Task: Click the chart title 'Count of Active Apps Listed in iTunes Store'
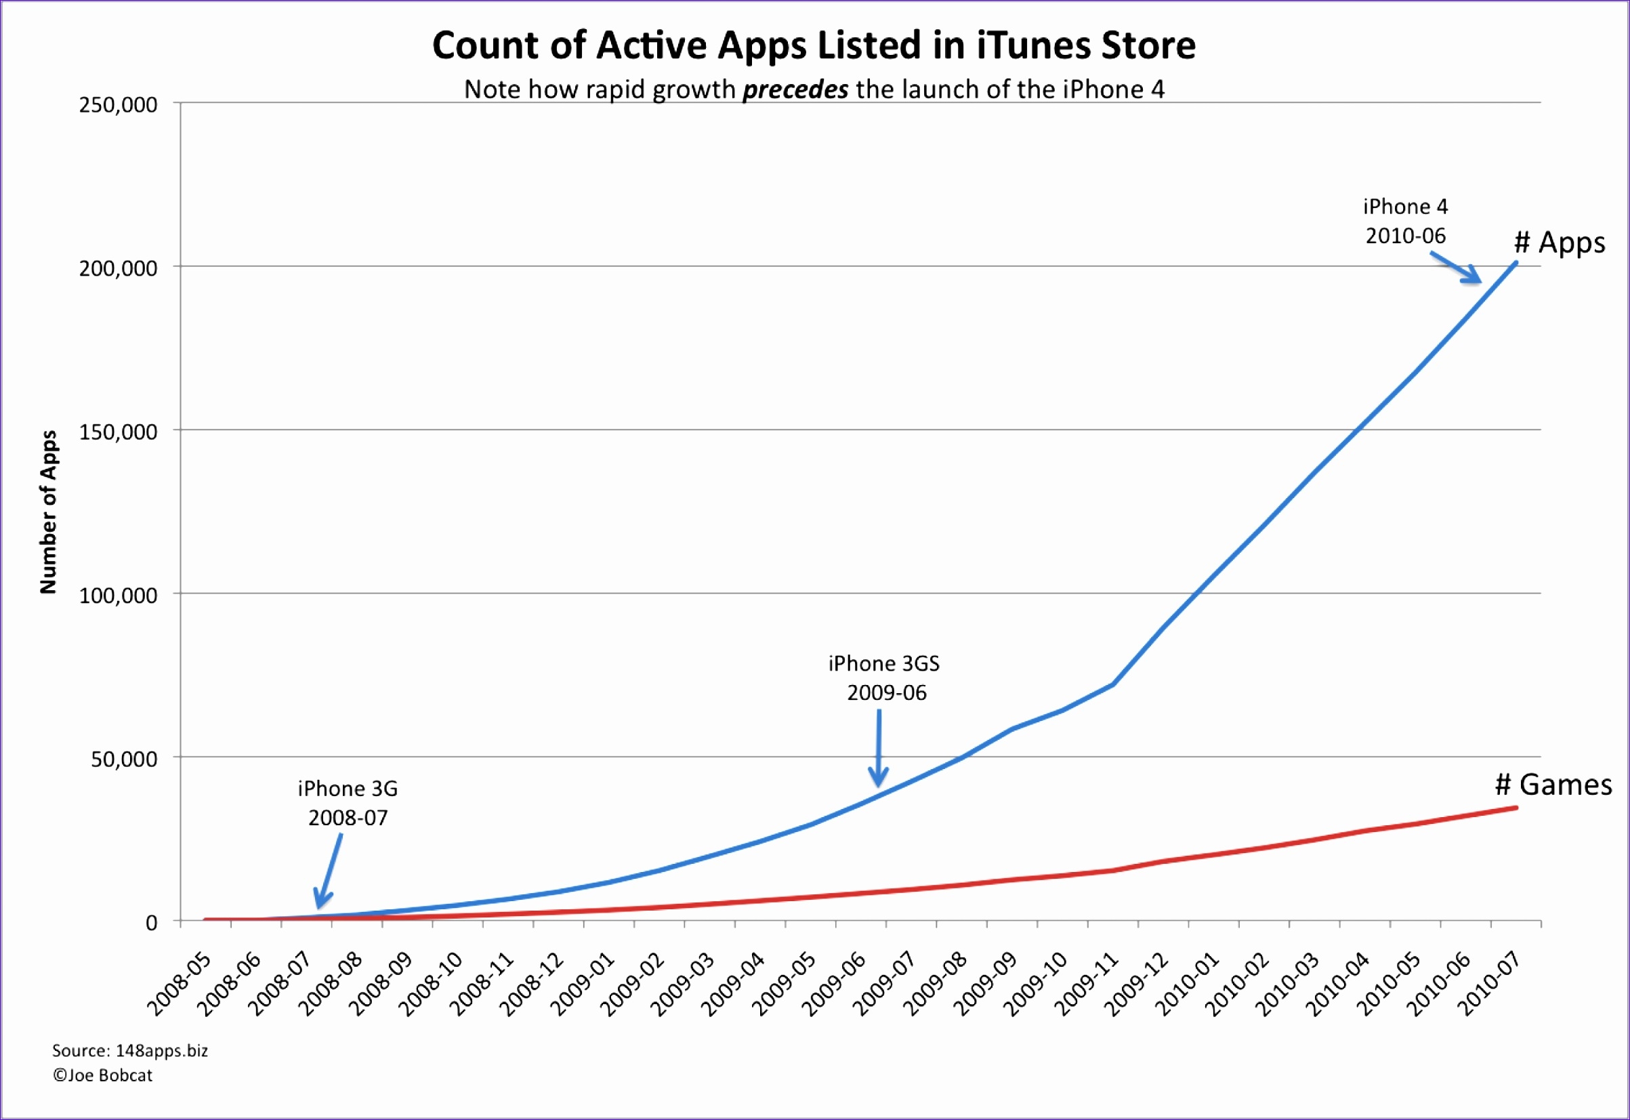point(813,45)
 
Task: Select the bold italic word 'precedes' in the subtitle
point(795,90)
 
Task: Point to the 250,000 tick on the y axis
point(118,105)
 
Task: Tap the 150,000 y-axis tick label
point(118,432)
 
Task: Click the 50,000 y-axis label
point(124,760)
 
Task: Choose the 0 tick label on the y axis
point(152,923)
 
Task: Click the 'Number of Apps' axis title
point(47,512)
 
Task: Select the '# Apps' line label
point(1559,243)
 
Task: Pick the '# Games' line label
point(1553,785)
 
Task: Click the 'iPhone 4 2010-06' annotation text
point(1405,221)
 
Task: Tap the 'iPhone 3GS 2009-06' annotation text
point(884,678)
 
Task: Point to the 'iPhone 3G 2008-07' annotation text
point(348,803)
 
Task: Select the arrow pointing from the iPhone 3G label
point(329,871)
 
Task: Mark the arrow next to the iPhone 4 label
point(1456,268)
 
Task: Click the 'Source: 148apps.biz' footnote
point(130,1050)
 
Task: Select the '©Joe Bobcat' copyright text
point(102,1075)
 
